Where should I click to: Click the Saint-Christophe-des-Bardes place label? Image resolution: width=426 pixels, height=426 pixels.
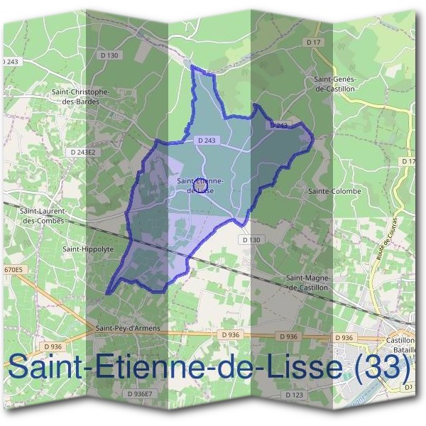click(x=80, y=97)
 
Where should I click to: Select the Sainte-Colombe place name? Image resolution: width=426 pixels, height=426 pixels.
click(x=334, y=191)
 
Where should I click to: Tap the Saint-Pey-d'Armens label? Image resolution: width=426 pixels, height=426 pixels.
click(x=128, y=329)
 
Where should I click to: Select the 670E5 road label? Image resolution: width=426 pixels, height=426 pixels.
click(x=13, y=271)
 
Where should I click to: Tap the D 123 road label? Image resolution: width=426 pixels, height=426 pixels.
click(x=294, y=394)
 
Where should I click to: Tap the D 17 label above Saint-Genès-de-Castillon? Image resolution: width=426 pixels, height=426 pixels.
click(x=315, y=43)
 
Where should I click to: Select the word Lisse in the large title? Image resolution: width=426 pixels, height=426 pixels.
click(x=293, y=368)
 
